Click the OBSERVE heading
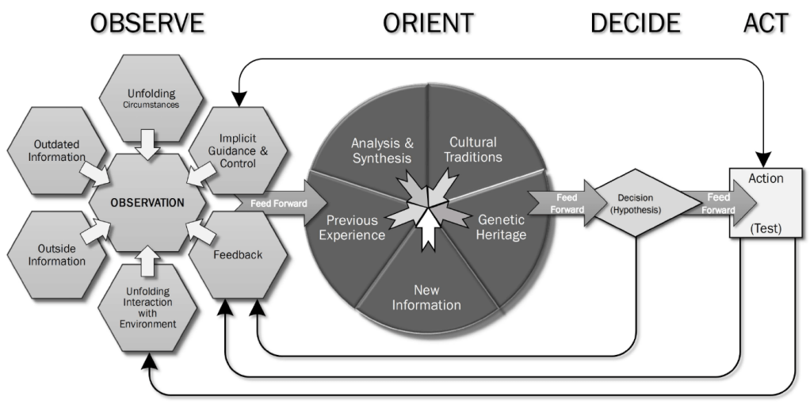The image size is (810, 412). pyautogui.click(x=147, y=23)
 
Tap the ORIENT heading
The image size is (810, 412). pyautogui.click(x=428, y=23)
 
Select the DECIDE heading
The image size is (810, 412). pyautogui.click(x=635, y=23)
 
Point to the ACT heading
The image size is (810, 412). pyautogui.click(x=766, y=23)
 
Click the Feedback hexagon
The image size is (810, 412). pyautogui.click(x=237, y=255)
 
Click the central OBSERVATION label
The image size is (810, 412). pyautogui.click(x=147, y=202)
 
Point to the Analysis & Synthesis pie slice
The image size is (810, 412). pyautogui.click(x=382, y=150)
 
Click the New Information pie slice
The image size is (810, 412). pyautogui.click(x=426, y=297)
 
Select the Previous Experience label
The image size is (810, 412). pyautogui.click(x=356, y=227)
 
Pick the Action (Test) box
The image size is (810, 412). pyautogui.click(x=764, y=203)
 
